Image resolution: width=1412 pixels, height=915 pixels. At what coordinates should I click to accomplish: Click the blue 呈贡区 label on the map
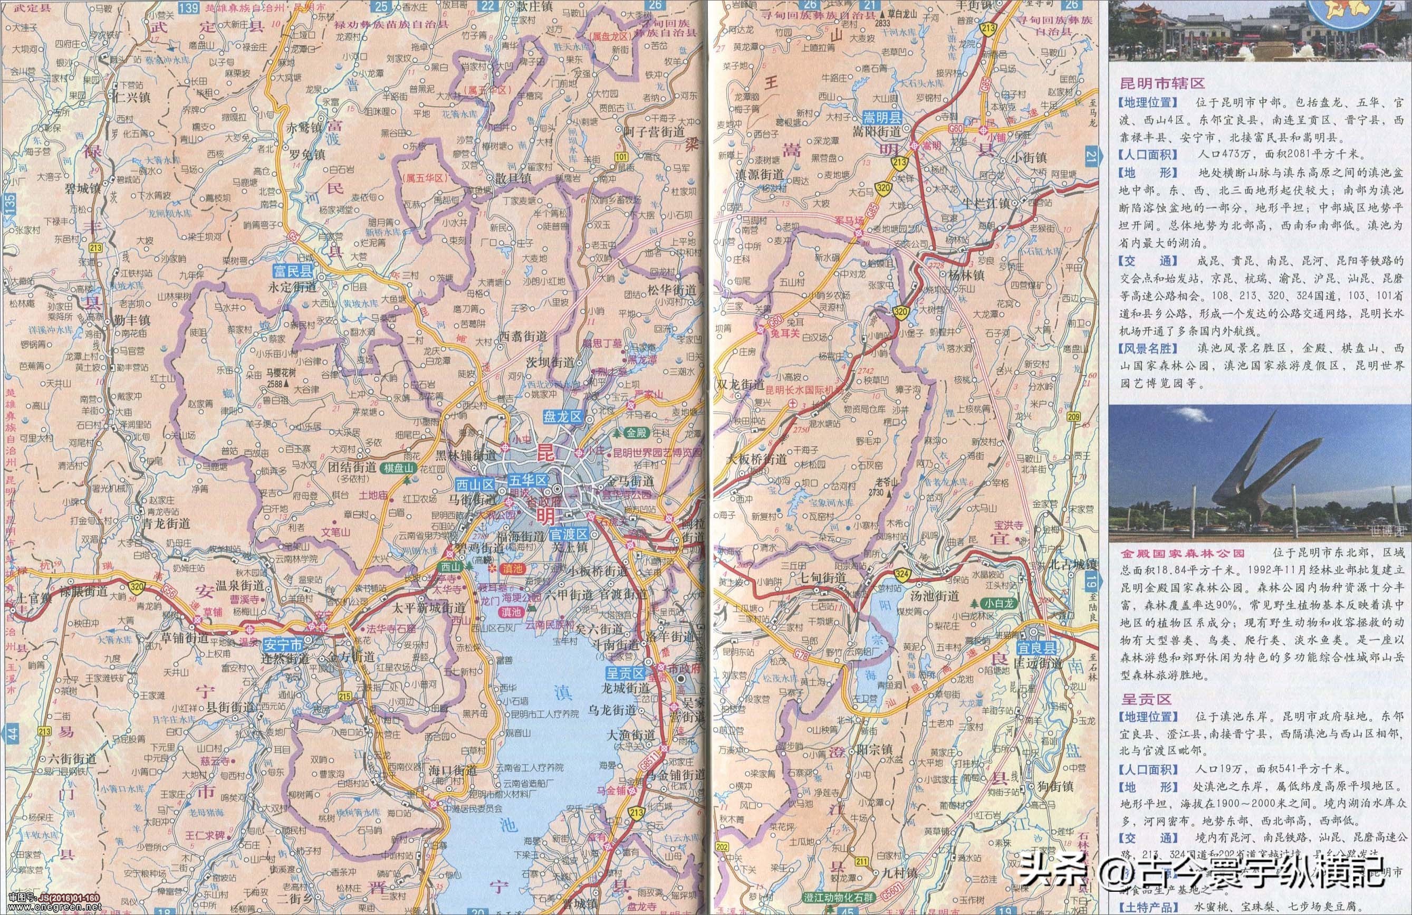[625, 673]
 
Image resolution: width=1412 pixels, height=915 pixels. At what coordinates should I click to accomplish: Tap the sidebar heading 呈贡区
[1138, 700]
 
